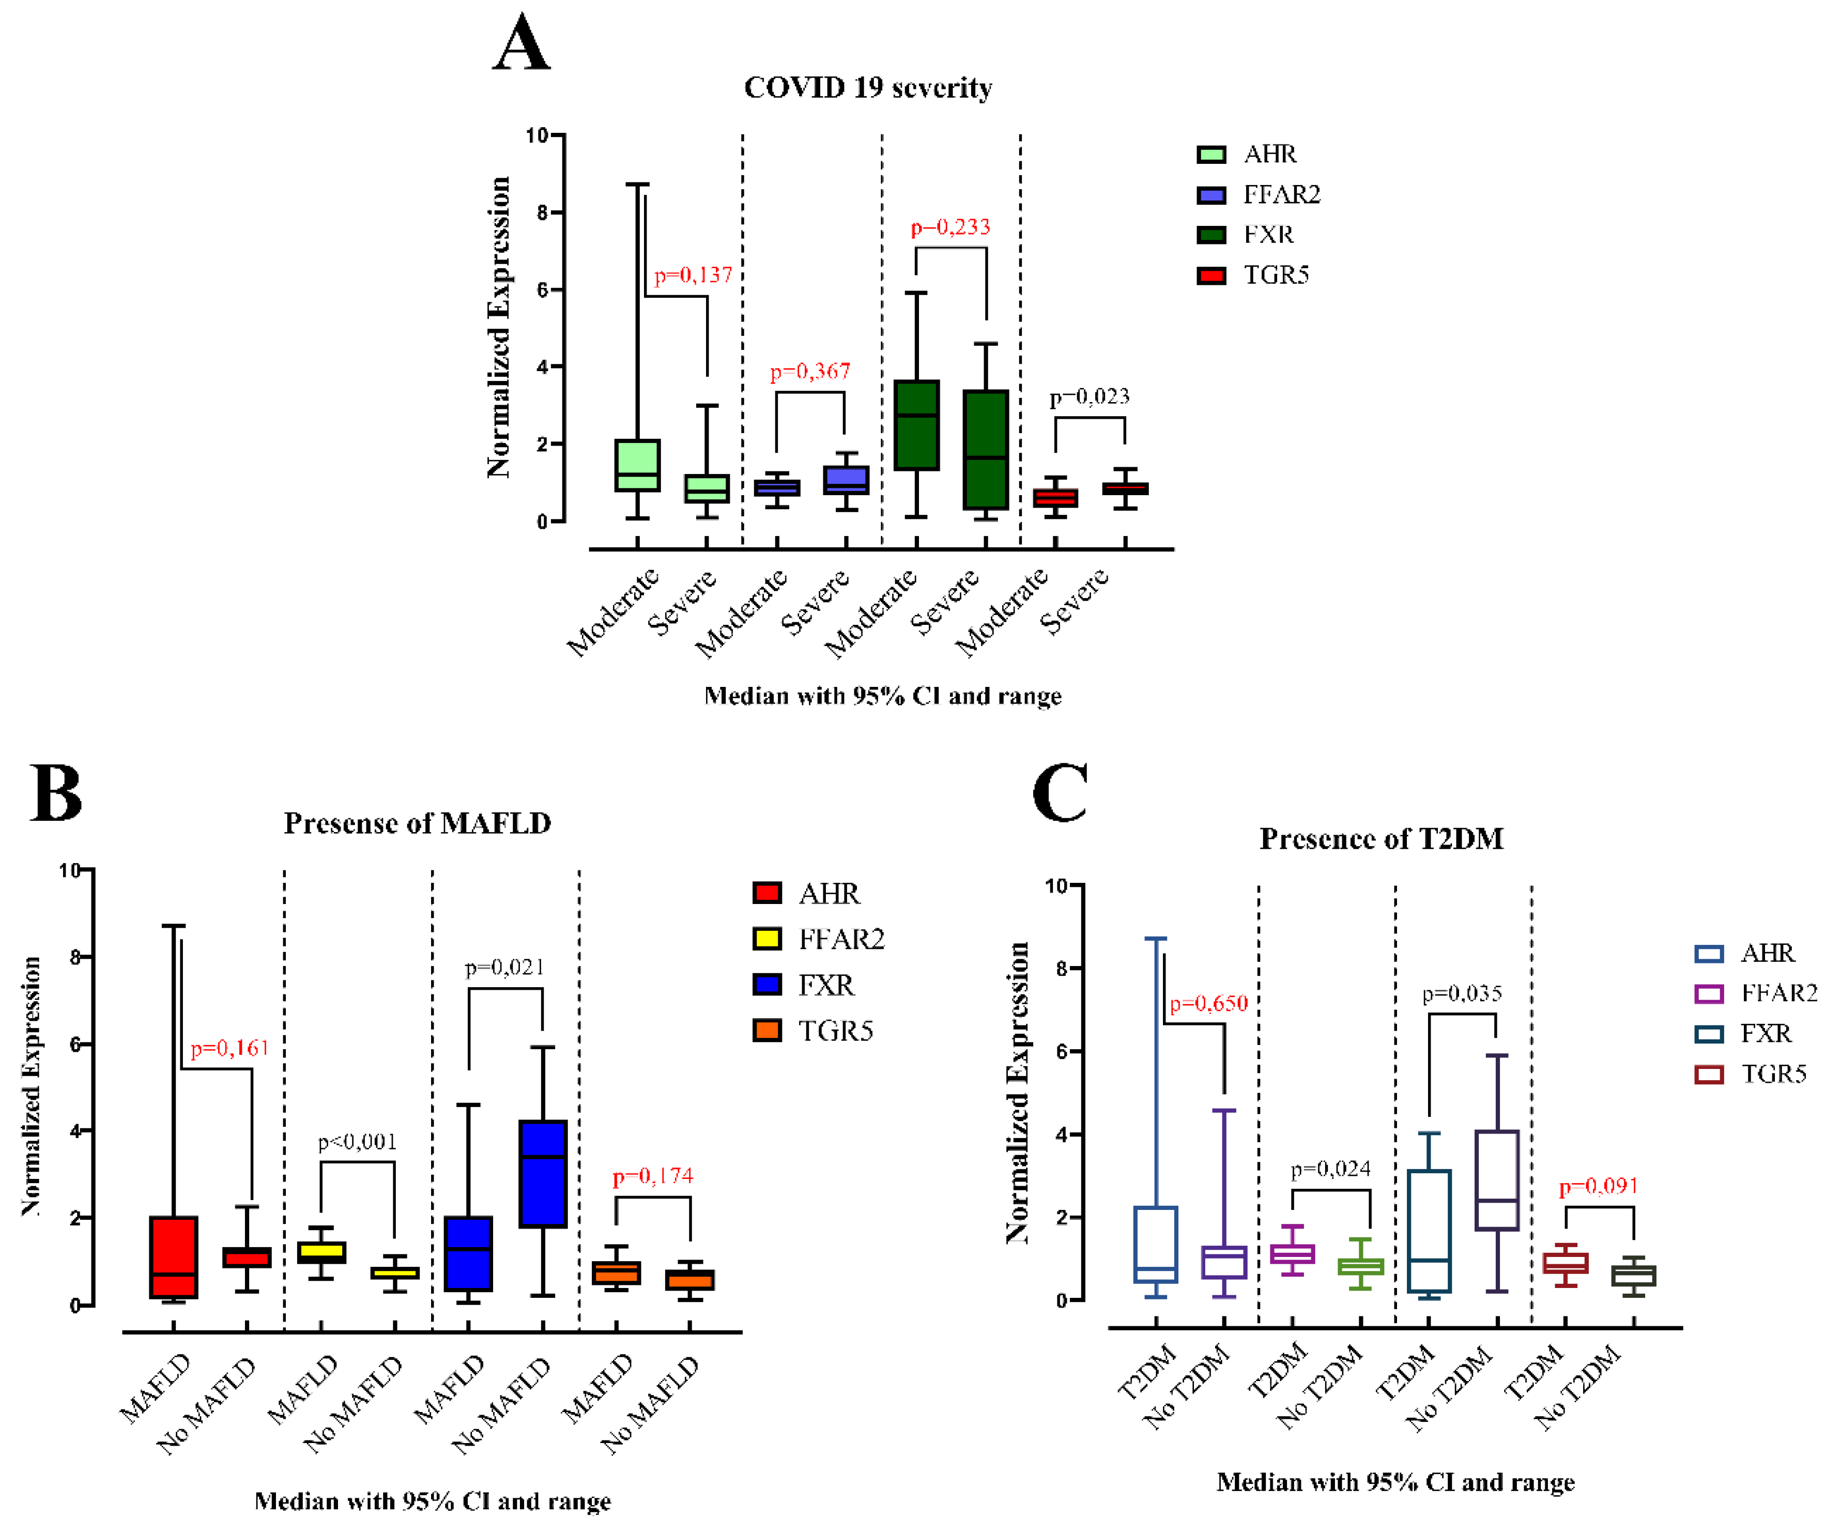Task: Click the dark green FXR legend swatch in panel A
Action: [x=1210, y=235]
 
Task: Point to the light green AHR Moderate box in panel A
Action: [x=637, y=466]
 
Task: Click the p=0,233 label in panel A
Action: [x=950, y=227]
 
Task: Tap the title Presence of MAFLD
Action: [x=417, y=823]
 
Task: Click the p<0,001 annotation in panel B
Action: [x=357, y=1142]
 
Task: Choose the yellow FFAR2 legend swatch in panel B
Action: [x=766, y=939]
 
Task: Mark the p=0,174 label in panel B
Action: [x=653, y=1176]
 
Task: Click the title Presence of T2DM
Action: [x=1381, y=838]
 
